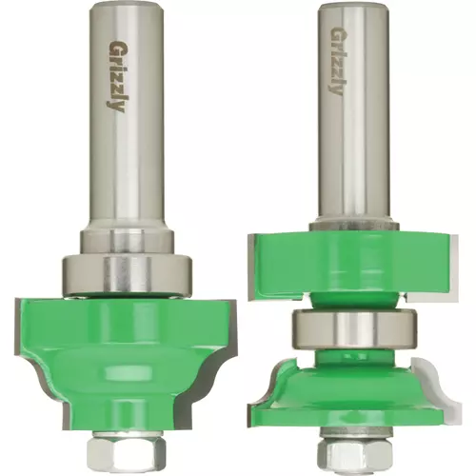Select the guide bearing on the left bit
click(128, 274)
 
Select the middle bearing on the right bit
click(355, 328)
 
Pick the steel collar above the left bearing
click(127, 242)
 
